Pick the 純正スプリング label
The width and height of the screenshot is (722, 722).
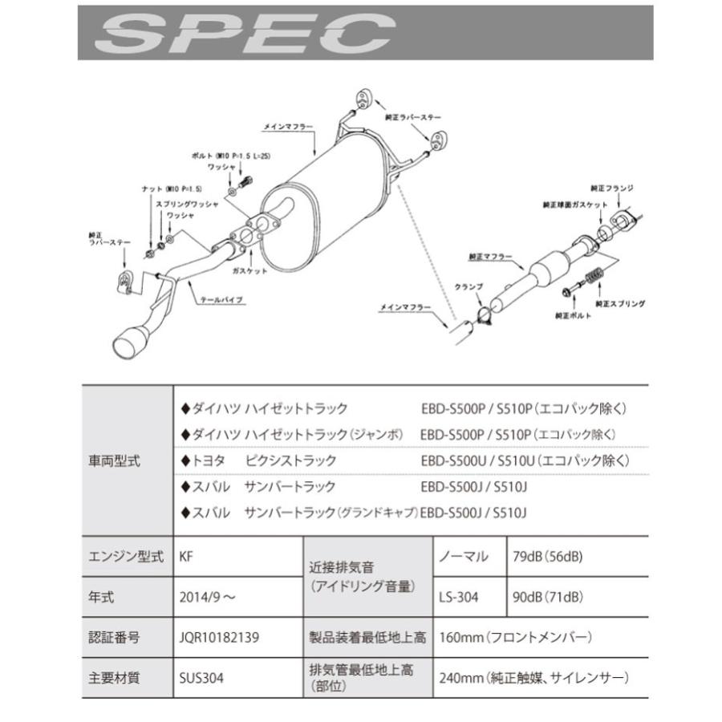pyautogui.click(x=620, y=305)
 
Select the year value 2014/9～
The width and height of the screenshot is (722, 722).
pyautogui.click(x=209, y=597)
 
